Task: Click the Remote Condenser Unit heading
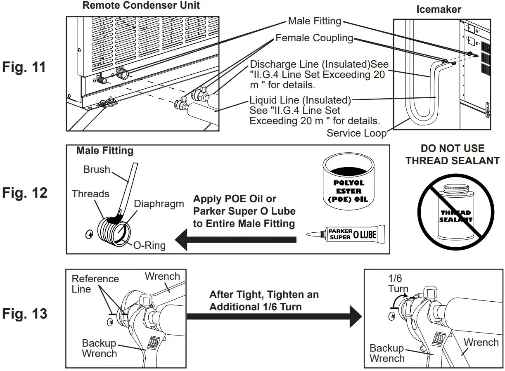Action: tap(141, 6)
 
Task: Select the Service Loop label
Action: tap(356, 133)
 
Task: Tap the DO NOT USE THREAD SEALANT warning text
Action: tap(453, 155)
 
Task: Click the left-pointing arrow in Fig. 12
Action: tap(235, 240)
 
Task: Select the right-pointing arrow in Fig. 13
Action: tap(273, 316)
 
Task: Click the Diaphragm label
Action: tap(159, 204)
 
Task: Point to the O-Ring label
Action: tap(149, 246)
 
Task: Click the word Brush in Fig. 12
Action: tap(97, 170)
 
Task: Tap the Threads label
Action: tap(90, 194)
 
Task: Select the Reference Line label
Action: tap(95, 284)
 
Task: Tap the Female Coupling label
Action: tap(314, 38)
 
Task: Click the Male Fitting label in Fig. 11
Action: tap(315, 21)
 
